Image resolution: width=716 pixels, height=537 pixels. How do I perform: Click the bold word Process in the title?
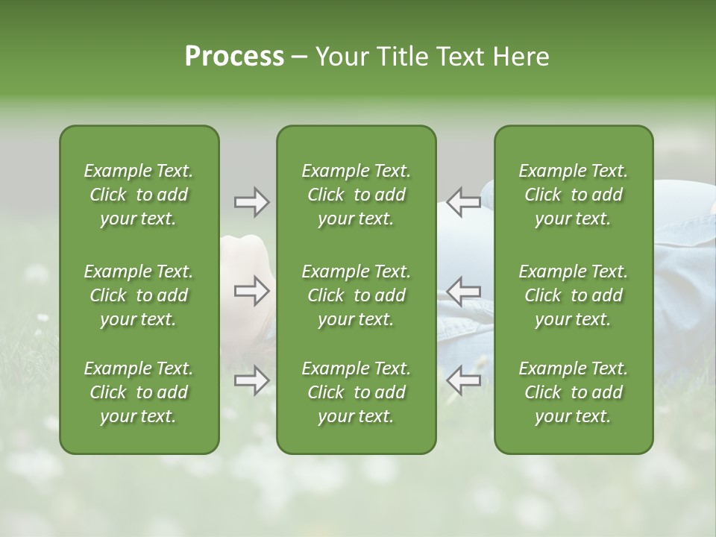[234, 57]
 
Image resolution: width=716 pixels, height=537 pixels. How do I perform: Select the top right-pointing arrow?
[251, 202]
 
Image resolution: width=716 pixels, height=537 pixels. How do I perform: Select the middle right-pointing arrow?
[251, 291]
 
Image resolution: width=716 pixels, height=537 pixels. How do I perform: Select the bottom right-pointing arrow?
[251, 380]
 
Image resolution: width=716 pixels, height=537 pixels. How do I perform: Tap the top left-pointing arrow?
[463, 202]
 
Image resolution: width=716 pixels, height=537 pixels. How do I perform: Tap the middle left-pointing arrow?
[463, 291]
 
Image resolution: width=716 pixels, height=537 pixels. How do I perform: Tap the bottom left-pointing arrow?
[463, 380]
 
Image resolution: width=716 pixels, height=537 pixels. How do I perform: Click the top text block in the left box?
[139, 195]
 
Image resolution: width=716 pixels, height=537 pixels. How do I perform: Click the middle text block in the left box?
[139, 295]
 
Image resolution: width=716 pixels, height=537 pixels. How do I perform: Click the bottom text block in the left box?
[139, 392]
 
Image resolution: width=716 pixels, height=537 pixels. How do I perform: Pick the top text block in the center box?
[356, 195]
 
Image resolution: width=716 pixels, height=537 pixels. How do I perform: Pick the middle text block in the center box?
[356, 295]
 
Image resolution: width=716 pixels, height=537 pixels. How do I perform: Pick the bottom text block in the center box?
[356, 392]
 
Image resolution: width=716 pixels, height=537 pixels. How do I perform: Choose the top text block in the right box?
[573, 195]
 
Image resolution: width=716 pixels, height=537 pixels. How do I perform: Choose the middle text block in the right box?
[573, 295]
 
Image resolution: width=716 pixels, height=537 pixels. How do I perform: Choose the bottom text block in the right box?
[573, 392]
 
